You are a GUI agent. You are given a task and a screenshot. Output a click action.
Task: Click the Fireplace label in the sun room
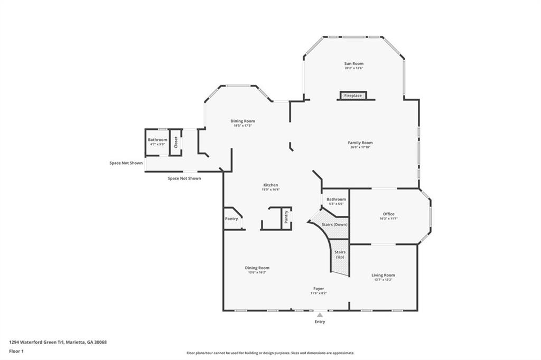(x=353, y=96)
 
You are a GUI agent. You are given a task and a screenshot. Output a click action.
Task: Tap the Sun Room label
(x=354, y=63)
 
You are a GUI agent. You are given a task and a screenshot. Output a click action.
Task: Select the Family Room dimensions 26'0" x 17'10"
(x=360, y=147)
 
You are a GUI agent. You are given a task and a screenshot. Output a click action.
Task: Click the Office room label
(x=389, y=214)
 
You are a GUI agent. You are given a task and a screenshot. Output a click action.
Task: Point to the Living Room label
(x=383, y=275)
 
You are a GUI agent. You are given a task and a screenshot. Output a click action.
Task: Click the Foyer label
(x=319, y=289)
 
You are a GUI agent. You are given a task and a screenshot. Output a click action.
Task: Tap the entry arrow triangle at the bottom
(x=320, y=315)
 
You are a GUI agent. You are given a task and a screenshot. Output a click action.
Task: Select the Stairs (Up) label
(x=340, y=255)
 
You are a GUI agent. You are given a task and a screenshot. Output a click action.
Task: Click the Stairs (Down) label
(x=335, y=224)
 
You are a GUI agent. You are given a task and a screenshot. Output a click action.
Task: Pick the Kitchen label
(x=271, y=185)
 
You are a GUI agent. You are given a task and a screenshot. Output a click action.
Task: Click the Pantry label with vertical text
(x=286, y=216)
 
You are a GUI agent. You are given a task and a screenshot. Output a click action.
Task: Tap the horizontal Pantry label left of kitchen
(x=231, y=219)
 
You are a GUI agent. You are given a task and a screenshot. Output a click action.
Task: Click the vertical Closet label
(x=176, y=143)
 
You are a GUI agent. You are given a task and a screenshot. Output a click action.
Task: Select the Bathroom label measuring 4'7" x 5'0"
(x=157, y=140)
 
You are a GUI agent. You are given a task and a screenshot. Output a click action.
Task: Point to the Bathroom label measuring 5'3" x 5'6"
(x=336, y=199)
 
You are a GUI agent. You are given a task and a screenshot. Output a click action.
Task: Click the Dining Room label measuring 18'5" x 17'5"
(x=242, y=121)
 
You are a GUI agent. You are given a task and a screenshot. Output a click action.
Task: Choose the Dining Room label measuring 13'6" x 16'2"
(x=257, y=268)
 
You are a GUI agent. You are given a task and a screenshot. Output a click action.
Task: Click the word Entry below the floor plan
(x=320, y=322)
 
